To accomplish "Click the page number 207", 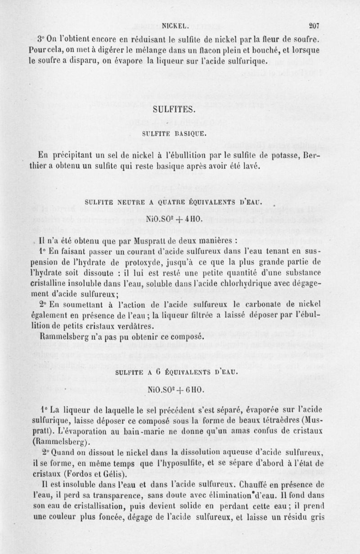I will pyautogui.click(x=313, y=26).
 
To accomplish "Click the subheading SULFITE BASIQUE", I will pyautogui.click(x=174, y=134).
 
